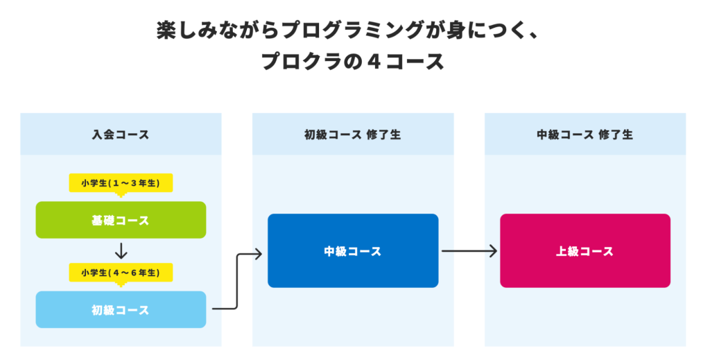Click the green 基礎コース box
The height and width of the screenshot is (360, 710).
tap(121, 220)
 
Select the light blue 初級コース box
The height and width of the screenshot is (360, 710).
tap(121, 309)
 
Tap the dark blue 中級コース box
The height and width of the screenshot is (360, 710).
tap(353, 250)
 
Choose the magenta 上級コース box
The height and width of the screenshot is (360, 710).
tap(585, 250)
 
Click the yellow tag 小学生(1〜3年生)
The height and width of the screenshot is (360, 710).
tap(121, 183)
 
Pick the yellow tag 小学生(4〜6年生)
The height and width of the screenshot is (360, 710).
tap(121, 273)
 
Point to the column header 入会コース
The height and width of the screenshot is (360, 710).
tap(121, 135)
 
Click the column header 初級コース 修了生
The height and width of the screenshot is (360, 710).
tap(353, 135)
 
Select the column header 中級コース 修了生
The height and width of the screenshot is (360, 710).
tap(585, 135)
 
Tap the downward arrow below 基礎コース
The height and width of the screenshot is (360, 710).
tap(121, 250)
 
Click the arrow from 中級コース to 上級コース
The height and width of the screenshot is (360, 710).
tap(469, 251)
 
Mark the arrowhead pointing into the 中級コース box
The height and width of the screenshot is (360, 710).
tap(257, 254)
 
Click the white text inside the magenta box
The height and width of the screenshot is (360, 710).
tap(585, 251)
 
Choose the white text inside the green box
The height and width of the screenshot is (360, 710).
tap(121, 221)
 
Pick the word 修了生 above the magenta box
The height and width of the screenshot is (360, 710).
tap(616, 135)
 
